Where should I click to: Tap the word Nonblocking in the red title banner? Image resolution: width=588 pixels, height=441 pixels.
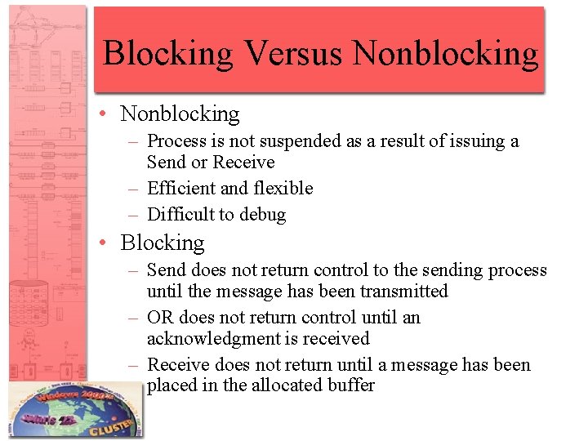446,53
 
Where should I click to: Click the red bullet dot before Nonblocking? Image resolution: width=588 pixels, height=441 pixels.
106,114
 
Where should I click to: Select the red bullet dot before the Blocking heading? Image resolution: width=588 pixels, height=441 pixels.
106,243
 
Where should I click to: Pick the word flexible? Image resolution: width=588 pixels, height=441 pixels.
283,189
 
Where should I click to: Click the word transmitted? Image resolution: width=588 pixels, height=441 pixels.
404,292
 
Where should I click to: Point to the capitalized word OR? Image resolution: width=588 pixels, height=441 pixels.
161,318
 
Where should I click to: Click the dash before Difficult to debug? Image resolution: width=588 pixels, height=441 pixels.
135,215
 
